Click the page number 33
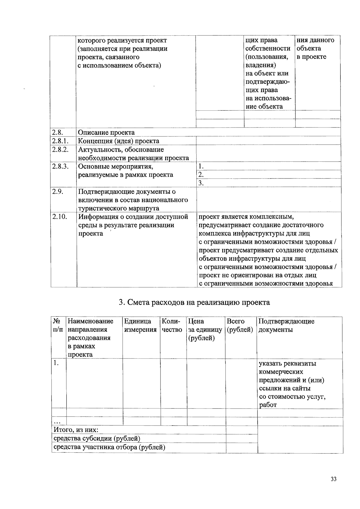333,479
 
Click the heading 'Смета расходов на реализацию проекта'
194,302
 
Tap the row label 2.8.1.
60,141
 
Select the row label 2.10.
59,217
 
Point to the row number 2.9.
57,191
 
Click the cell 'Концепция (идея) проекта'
118,141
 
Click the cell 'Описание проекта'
106,133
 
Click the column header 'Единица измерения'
140,325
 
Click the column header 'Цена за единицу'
205,329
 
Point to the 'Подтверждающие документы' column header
286,325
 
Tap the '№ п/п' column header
58,325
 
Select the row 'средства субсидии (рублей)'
97,439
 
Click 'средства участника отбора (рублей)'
109,447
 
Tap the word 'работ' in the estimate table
268,405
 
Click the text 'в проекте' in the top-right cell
311,57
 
